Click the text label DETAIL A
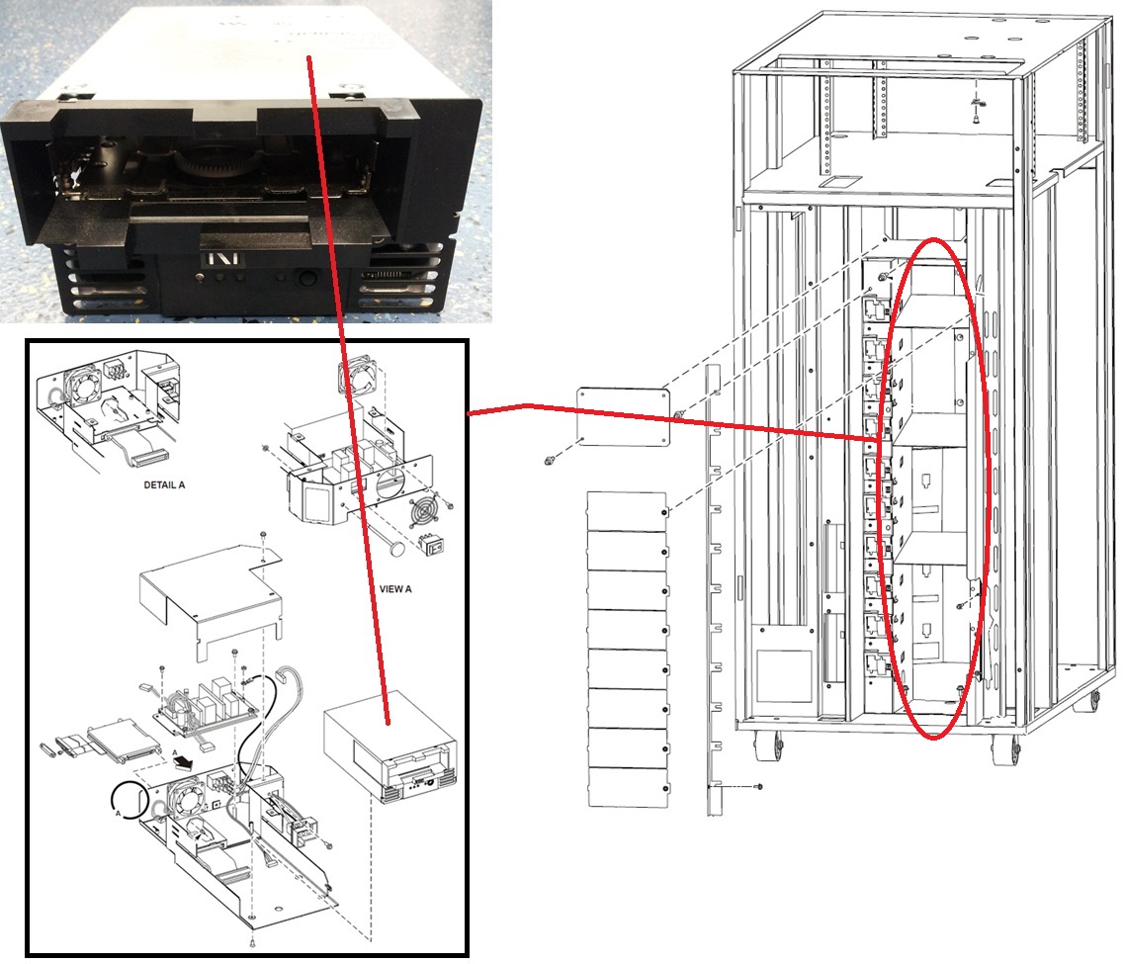pyautogui.click(x=164, y=485)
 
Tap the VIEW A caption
pyautogui.click(x=395, y=589)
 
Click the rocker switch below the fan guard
pyautogui.click(x=431, y=545)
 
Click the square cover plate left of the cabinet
pyautogui.click(x=624, y=417)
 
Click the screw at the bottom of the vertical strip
pyautogui.click(x=760, y=787)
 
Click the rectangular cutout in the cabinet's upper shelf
pyautogui.click(x=836, y=182)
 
